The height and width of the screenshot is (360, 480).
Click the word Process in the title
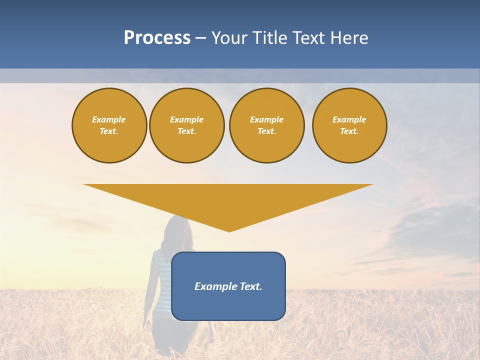(x=157, y=38)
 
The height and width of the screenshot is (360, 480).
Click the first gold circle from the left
(x=109, y=125)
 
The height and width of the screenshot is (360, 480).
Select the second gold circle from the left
(x=187, y=125)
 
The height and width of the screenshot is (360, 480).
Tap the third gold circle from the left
(x=267, y=125)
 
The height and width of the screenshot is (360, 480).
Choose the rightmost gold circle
(x=349, y=125)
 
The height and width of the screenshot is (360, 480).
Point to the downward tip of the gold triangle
(x=229, y=230)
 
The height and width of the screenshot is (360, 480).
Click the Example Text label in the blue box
(x=228, y=286)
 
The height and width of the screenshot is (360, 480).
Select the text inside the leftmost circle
(x=109, y=125)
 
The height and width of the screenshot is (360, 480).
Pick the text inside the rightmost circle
(x=349, y=125)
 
